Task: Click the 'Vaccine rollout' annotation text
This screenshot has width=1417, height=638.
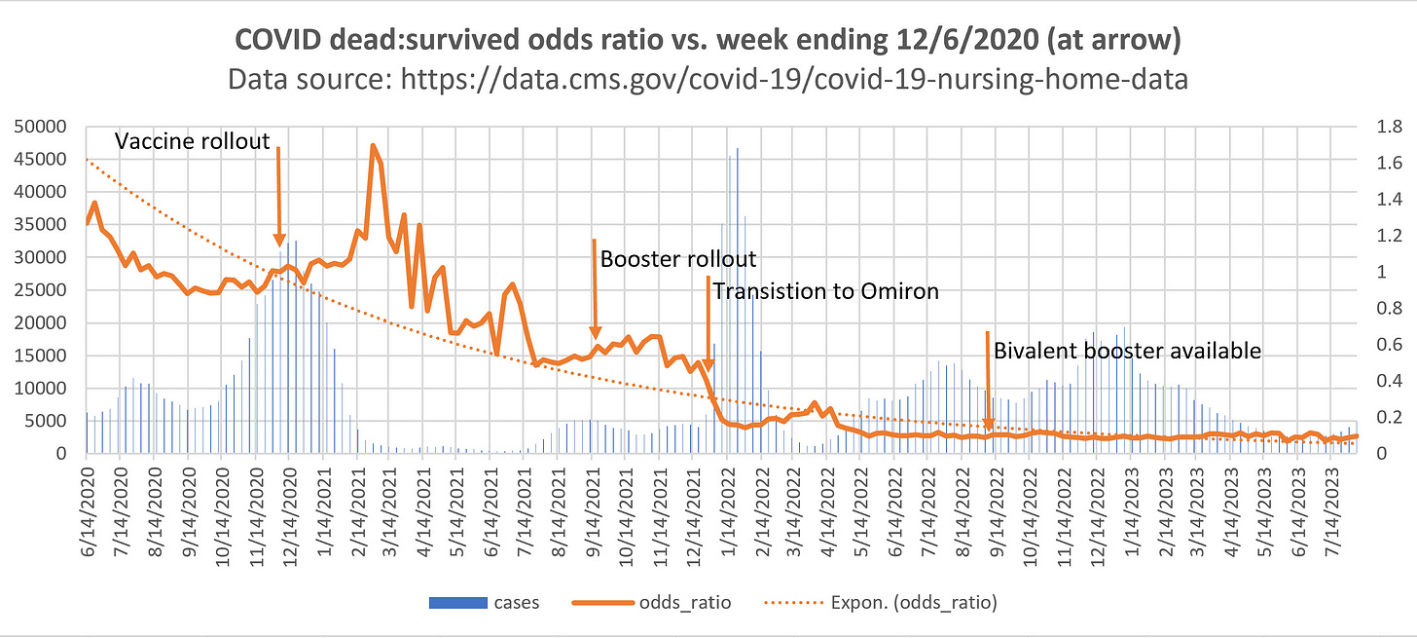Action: click(x=192, y=142)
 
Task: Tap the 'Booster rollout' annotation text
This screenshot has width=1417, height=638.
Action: click(x=677, y=259)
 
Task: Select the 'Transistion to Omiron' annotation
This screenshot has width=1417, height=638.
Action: click(x=825, y=290)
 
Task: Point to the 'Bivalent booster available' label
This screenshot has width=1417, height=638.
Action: click(x=1127, y=351)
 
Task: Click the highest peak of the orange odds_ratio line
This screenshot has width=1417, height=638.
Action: click(x=373, y=146)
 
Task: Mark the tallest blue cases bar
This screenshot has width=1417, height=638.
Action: click(x=737, y=149)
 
